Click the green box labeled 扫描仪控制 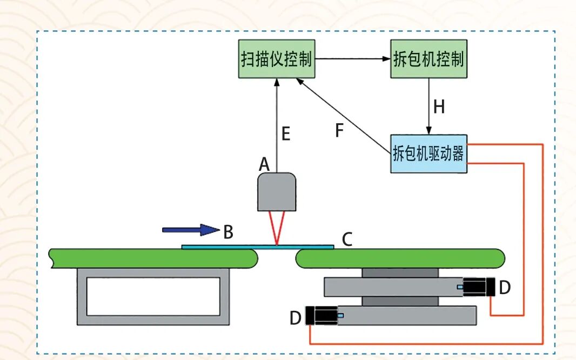[x=276, y=59]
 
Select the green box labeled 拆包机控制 [x=428, y=59]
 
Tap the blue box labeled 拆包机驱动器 [x=428, y=154]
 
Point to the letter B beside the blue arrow [x=228, y=232]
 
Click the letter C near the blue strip [x=347, y=239]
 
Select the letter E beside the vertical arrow [x=286, y=134]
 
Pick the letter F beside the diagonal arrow [x=339, y=131]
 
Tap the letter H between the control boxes [x=439, y=107]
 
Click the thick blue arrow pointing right [x=190, y=230]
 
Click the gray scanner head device [x=276, y=192]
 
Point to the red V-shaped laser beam [x=276, y=227]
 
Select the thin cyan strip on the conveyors [x=257, y=247]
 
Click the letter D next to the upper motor [x=504, y=288]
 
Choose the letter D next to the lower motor [x=296, y=318]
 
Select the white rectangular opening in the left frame [x=153, y=296]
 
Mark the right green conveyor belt [x=400, y=258]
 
